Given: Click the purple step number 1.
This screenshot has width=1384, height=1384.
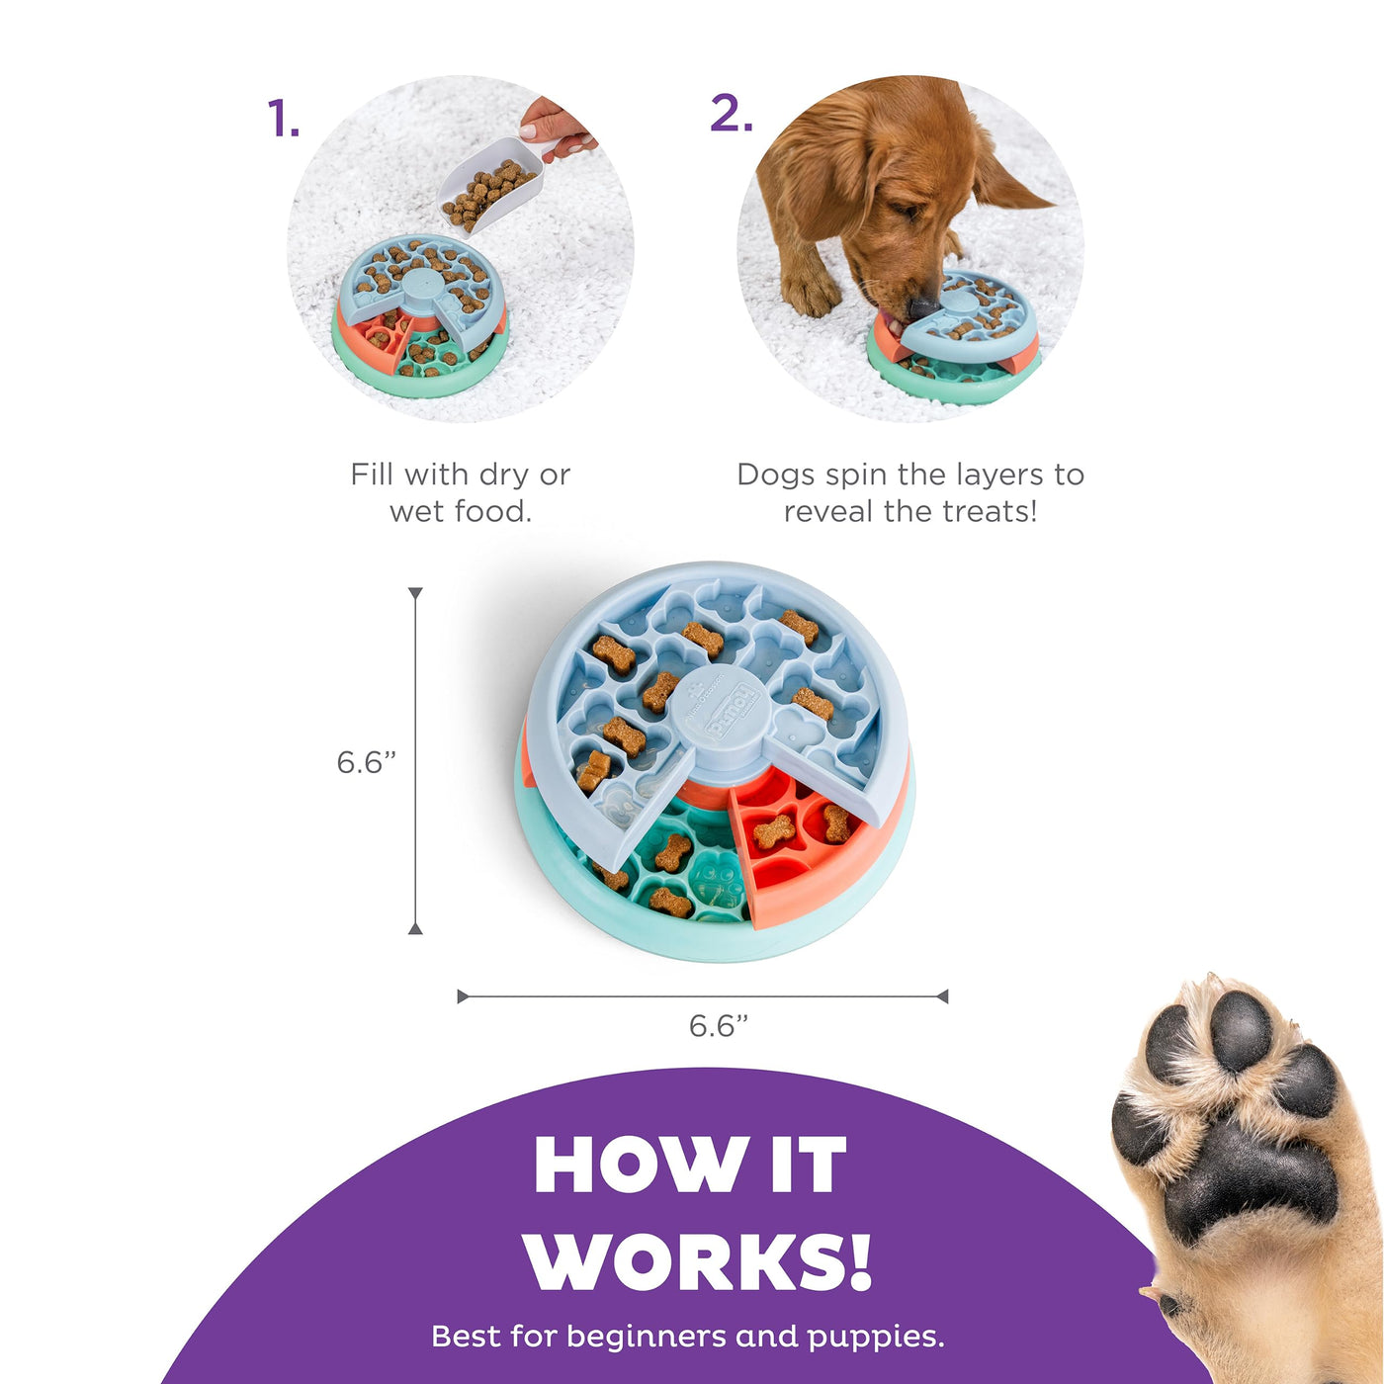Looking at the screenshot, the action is [283, 118].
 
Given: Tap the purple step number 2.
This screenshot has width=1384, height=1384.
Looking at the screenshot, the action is [731, 114].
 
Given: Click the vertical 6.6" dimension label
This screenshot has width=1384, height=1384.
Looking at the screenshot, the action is [367, 763].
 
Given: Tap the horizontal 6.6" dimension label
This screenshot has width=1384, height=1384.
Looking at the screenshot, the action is [719, 1026].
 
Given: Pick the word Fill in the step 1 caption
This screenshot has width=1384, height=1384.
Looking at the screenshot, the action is [372, 475].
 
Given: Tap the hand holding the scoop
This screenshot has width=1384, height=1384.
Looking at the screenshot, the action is [557, 127].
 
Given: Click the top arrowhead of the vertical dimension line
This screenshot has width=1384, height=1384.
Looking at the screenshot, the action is [415, 592].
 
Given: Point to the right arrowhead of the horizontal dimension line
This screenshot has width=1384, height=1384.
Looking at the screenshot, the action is [942, 996].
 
